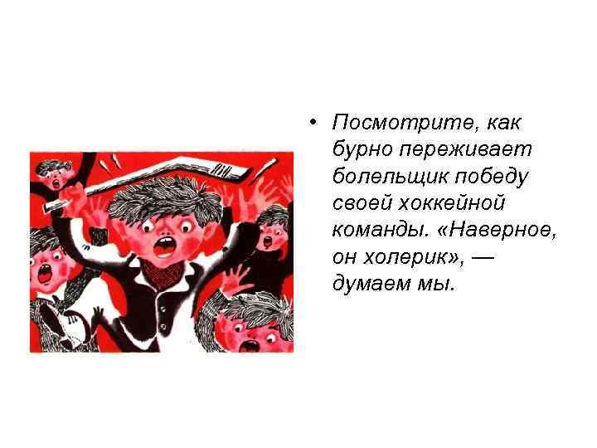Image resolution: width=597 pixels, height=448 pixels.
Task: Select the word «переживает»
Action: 467,149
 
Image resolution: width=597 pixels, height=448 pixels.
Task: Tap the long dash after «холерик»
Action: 485,257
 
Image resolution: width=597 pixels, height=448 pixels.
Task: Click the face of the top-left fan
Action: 53,174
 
